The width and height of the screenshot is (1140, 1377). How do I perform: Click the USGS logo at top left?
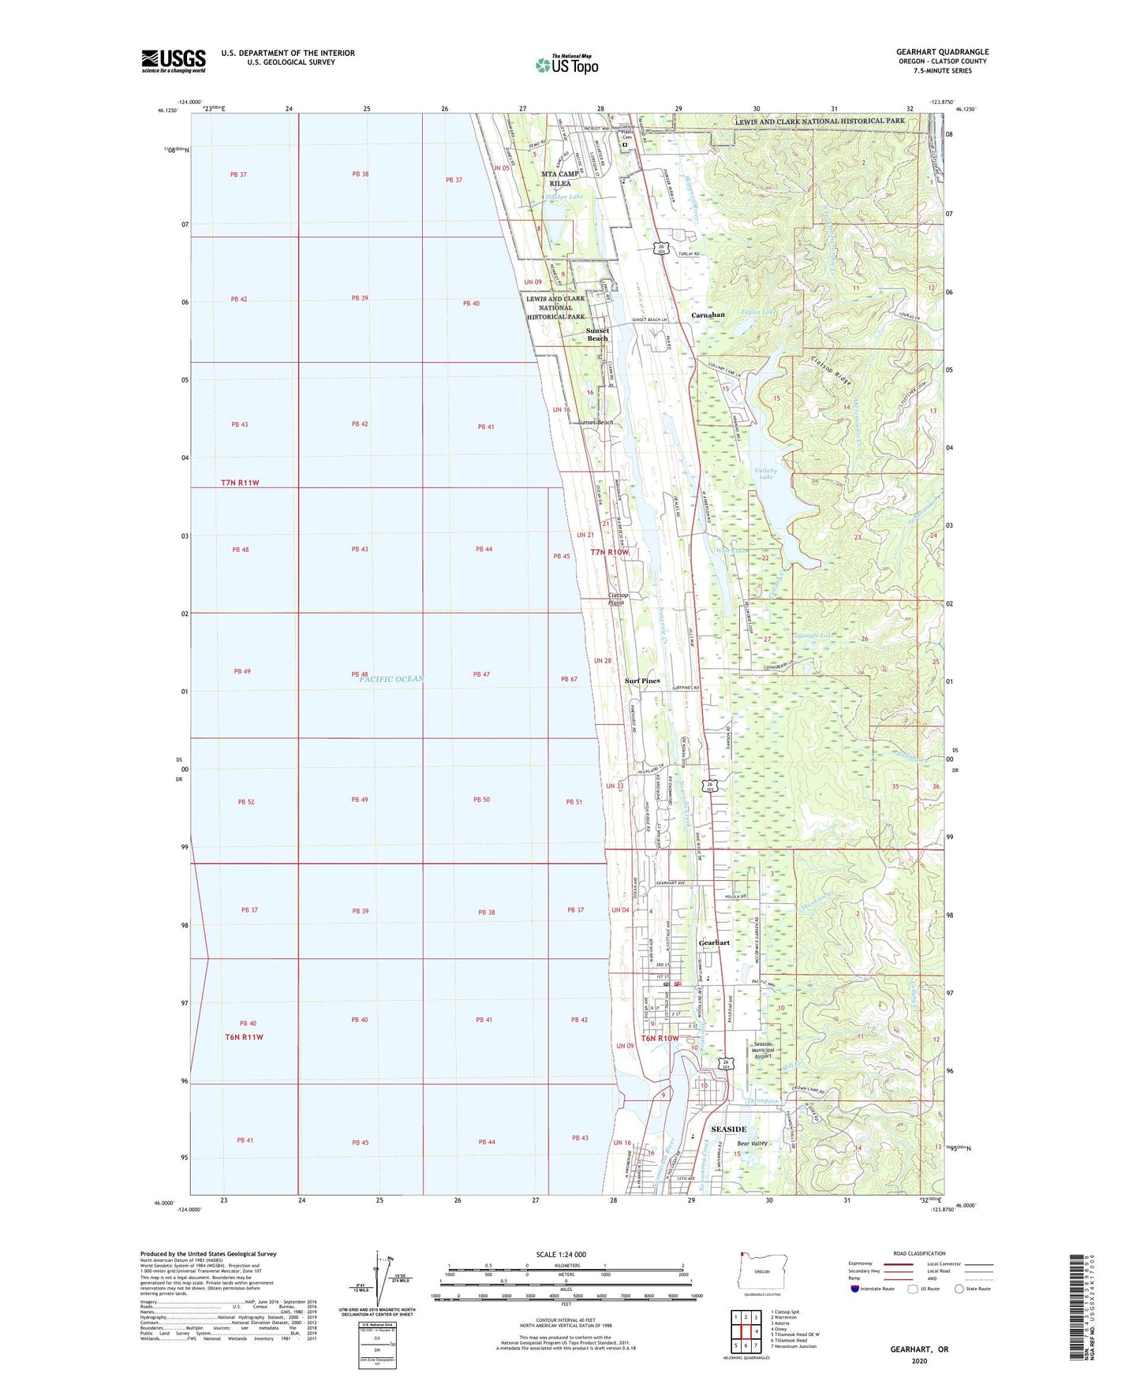coord(174,61)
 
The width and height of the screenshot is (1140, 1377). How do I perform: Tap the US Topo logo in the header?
coord(566,65)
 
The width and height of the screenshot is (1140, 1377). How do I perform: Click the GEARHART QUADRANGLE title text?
coord(942,52)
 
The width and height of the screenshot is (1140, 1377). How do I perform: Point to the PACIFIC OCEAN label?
coord(392,679)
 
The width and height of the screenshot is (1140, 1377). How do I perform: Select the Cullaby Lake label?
coord(766,473)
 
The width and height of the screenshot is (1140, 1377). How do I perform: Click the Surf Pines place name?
coord(642,681)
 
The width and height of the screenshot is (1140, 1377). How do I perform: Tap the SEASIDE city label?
coord(728,1129)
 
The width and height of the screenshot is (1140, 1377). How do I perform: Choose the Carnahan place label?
coord(708,315)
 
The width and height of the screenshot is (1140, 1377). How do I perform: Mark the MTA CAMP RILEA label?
coord(560,178)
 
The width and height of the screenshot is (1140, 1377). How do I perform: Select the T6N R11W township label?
coord(244,1037)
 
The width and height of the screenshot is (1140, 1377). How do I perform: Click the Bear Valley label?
coord(752,1144)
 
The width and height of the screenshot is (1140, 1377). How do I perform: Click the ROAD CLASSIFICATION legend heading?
coord(919,1253)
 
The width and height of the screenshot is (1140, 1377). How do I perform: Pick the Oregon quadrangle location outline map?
coord(761,1275)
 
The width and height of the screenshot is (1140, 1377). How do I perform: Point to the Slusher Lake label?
coord(564,196)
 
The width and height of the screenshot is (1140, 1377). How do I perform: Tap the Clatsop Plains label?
coord(618,599)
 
